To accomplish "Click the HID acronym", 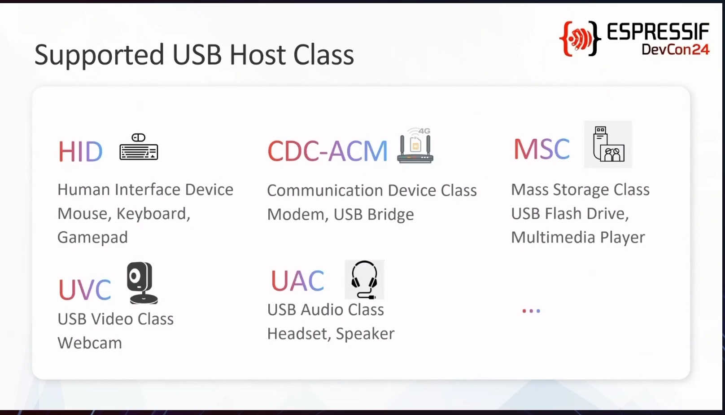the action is click(x=80, y=151).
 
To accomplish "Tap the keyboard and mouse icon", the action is click(x=139, y=147).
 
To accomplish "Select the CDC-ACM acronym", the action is click(x=327, y=151).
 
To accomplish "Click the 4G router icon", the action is click(x=415, y=146).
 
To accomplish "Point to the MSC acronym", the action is click(x=542, y=149).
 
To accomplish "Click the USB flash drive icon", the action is click(x=608, y=144).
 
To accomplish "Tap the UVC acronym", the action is click(x=84, y=289).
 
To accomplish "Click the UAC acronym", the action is click(x=297, y=281).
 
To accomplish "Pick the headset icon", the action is click(x=364, y=279).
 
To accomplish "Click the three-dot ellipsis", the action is click(x=531, y=311).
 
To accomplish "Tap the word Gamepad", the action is click(x=92, y=238).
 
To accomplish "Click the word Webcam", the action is click(x=90, y=343).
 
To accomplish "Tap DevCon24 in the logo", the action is click(x=676, y=49).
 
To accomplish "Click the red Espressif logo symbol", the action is click(x=580, y=39).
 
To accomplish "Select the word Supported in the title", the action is click(x=99, y=55).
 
